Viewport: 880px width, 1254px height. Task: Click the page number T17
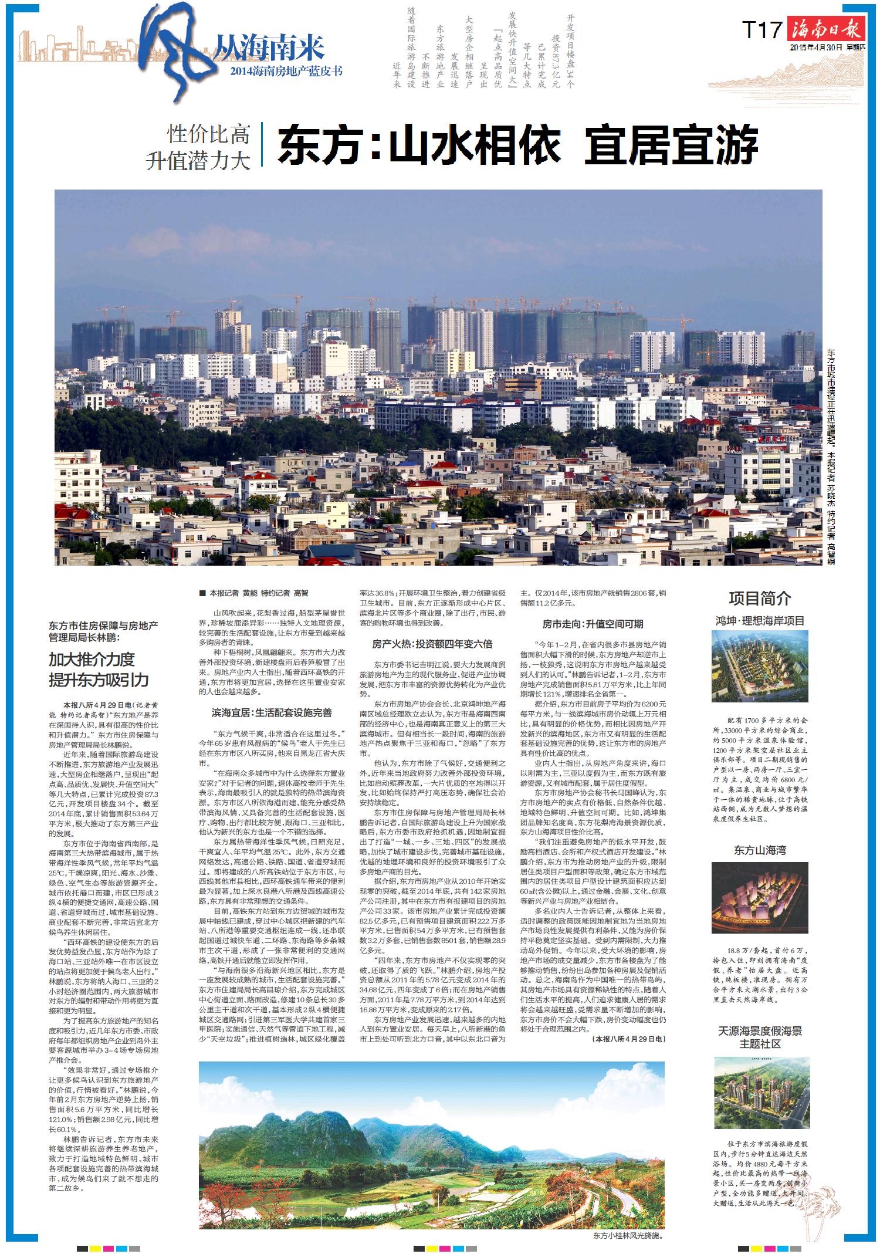762,29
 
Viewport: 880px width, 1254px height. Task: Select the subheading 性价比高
209,134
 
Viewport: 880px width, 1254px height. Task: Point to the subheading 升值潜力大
198,160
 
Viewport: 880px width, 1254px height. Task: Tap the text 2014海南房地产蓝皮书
286,72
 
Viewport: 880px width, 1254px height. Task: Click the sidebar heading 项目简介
760,599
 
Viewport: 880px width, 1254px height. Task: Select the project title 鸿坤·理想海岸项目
760,621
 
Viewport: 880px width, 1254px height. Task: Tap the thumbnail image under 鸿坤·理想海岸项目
760,666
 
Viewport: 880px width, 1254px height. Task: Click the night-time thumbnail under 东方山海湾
760,897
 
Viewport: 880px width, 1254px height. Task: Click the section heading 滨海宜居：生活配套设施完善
272,713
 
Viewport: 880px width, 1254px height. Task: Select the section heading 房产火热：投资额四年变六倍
432,644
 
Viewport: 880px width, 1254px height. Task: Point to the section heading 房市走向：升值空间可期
593,624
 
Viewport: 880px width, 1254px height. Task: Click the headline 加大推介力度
92,660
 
